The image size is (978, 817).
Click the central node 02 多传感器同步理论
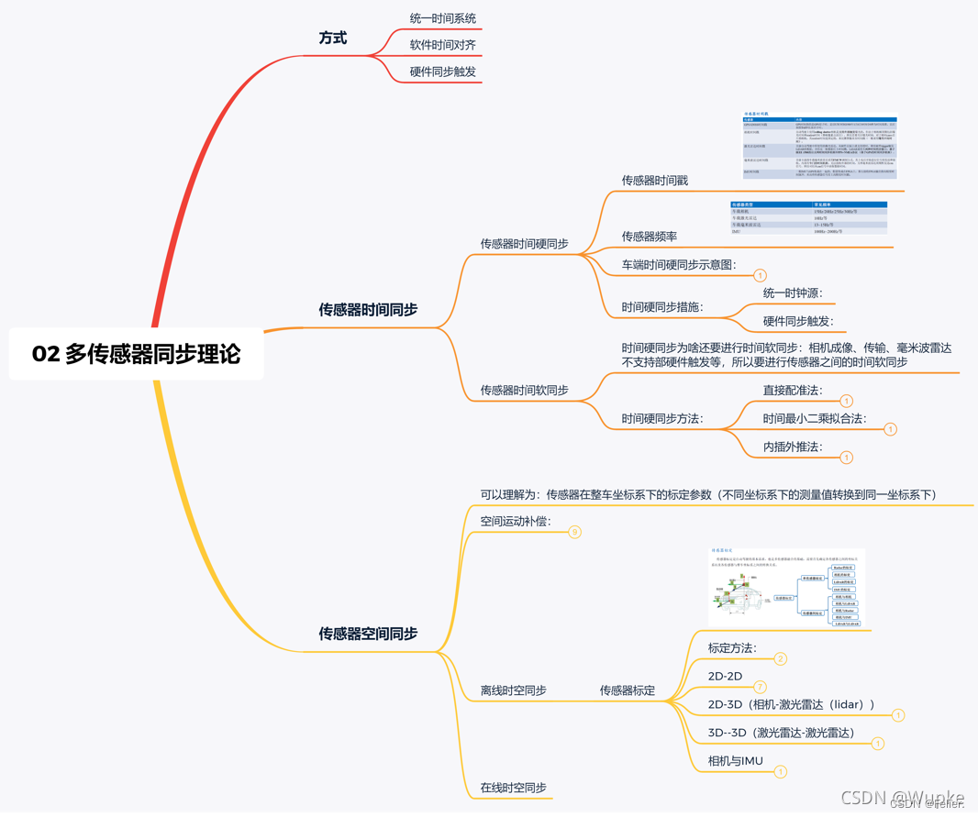136,354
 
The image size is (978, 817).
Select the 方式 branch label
332,39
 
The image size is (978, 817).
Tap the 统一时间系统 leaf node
442,18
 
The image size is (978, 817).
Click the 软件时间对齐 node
442,45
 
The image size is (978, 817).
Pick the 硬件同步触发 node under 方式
442,72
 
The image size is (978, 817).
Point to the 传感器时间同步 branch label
368,310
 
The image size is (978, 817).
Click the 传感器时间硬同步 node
524,244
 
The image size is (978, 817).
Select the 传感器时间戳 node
654,181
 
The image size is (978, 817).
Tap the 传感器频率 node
649,237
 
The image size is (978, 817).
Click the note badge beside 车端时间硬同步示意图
760,275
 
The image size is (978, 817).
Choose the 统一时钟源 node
793,293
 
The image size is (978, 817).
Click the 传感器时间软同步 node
524,391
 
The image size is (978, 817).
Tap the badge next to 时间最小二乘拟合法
890,429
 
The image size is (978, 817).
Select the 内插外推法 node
793,447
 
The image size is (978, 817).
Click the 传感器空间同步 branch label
368,634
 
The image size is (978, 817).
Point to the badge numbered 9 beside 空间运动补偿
574,532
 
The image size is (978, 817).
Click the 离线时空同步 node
513,690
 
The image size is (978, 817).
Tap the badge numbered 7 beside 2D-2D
760,687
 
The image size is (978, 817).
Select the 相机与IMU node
735,761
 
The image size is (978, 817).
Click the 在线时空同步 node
513,788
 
